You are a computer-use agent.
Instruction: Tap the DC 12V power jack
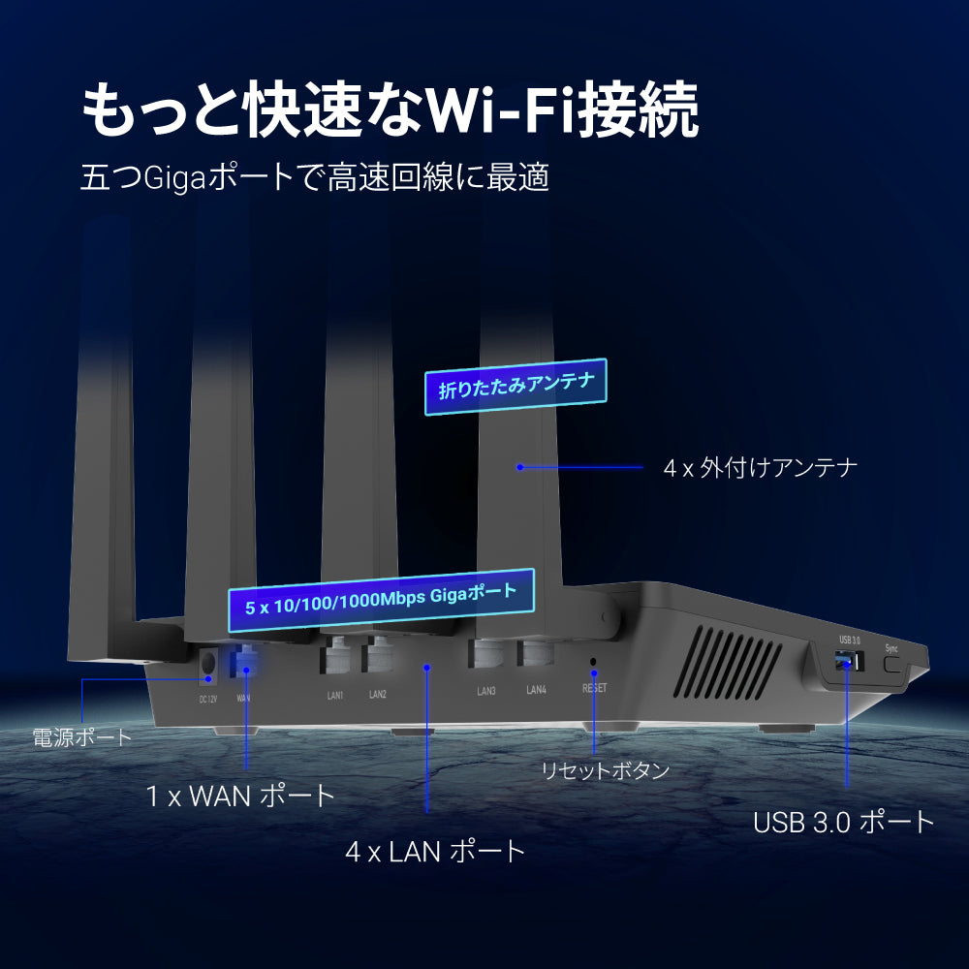click(x=208, y=665)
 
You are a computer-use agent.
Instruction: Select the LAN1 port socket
click(x=334, y=655)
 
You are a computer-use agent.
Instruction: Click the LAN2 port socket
click(x=377, y=654)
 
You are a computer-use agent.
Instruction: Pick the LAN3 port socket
click(x=485, y=652)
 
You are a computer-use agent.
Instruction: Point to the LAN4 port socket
click(x=535, y=652)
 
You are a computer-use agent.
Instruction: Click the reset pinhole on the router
click(x=593, y=661)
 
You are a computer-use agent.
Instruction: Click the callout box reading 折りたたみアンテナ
click(x=516, y=387)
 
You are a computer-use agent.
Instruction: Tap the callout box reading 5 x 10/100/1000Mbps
click(x=381, y=600)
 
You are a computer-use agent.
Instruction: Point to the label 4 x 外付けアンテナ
click(x=760, y=468)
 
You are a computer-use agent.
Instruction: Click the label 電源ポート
click(x=82, y=737)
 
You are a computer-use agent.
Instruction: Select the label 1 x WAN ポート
click(x=240, y=796)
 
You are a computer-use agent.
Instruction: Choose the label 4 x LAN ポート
click(x=435, y=851)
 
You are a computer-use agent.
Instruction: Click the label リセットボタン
click(x=606, y=770)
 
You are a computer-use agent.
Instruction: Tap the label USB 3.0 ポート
click(x=844, y=822)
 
